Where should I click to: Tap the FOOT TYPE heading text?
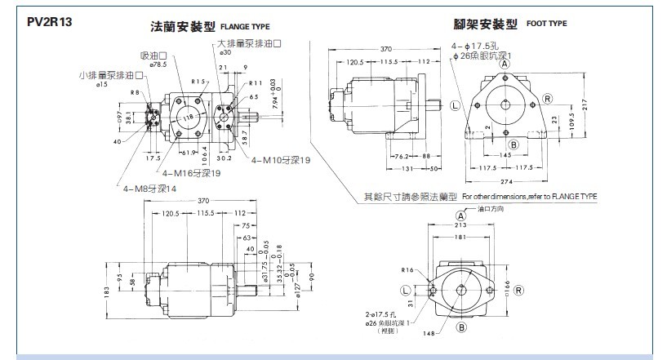coord(546,24)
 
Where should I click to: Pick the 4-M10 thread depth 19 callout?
coord(281,159)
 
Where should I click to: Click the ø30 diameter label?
coord(226,52)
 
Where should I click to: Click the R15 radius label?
coord(197,82)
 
